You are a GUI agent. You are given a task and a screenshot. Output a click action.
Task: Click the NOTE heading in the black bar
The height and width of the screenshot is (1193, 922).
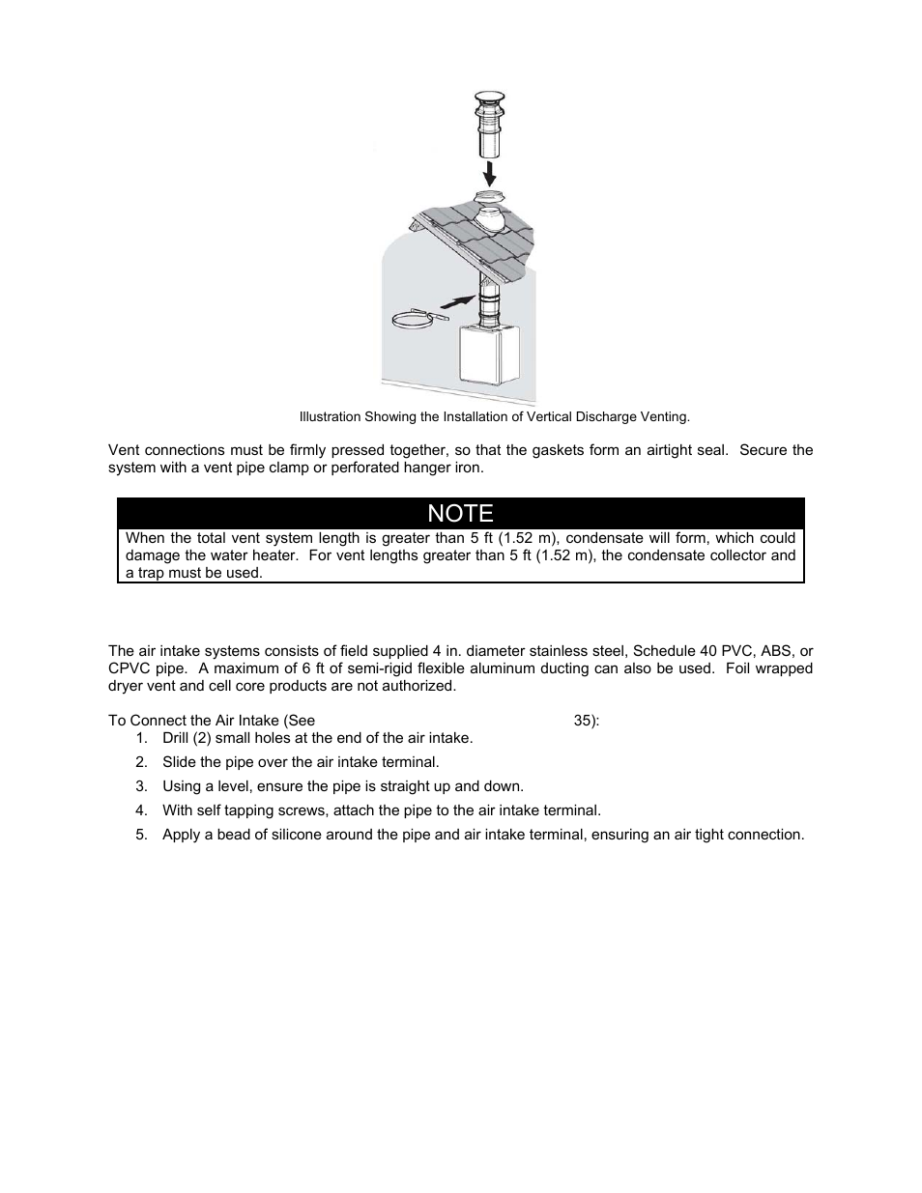tap(460, 513)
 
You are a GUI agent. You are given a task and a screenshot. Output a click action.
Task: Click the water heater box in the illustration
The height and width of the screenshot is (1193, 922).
tap(494, 368)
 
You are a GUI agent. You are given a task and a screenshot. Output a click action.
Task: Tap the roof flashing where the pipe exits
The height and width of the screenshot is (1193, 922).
tap(495, 216)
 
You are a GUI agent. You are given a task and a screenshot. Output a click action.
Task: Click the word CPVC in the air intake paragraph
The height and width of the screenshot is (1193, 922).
tap(127, 668)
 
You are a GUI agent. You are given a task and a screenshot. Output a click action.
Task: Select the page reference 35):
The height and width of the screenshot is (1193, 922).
tap(587, 721)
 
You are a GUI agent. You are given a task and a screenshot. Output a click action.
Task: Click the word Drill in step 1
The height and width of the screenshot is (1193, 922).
tap(178, 738)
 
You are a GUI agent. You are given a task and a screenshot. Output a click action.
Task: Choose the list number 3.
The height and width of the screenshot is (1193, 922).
tap(141, 786)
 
